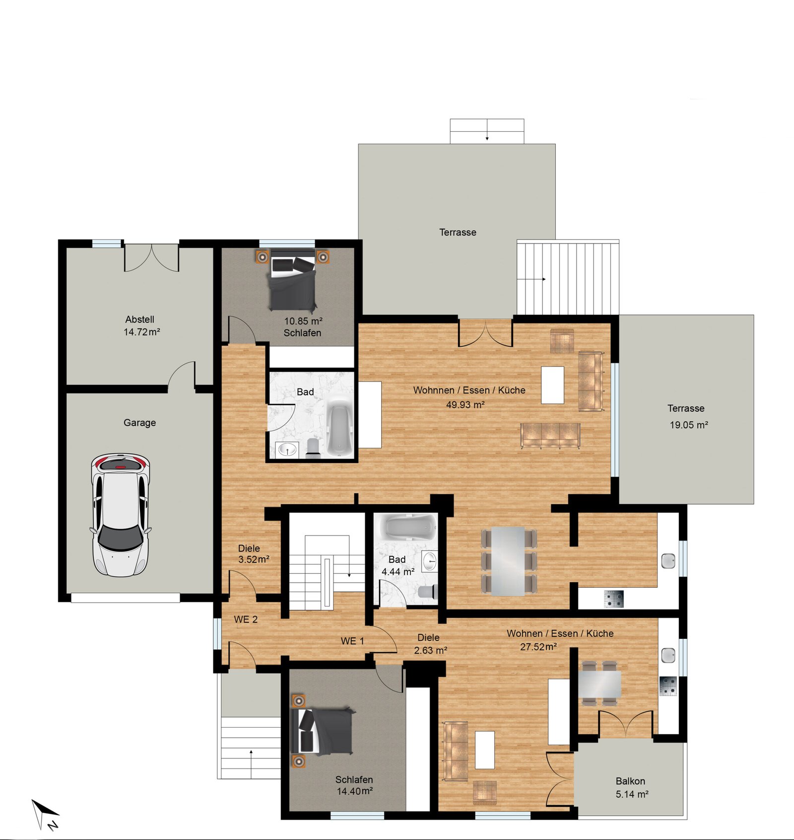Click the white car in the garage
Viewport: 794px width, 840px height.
(120, 515)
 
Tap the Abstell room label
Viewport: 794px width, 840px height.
(139, 319)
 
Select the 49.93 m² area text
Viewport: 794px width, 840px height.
(465, 404)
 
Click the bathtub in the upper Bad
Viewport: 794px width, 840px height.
(339, 428)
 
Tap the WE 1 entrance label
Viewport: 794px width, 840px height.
(352, 641)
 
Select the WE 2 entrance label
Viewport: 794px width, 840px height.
(246, 619)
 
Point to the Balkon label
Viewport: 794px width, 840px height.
(630, 781)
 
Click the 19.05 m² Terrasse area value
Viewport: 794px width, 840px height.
(689, 425)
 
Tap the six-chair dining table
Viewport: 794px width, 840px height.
(509, 561)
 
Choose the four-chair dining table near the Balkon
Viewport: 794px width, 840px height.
(599, 684)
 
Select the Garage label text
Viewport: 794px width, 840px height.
(139, 423)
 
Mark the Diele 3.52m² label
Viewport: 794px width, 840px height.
(254, 554)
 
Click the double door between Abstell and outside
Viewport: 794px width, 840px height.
(151, 257)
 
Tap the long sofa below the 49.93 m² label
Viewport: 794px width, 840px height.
(550, 435)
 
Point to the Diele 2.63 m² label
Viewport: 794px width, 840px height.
(430, 644)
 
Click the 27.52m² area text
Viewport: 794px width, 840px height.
(538, 647)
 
